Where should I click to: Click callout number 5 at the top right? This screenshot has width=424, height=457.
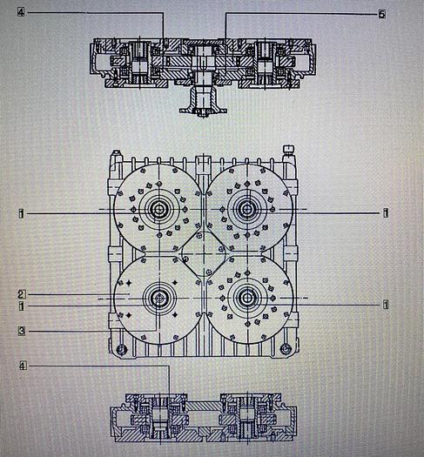(381, 14)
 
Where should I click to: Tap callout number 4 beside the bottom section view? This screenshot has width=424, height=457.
(21, 366)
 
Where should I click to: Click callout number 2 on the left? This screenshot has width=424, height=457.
(21, 293)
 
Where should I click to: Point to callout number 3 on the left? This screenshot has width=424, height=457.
(21, 329)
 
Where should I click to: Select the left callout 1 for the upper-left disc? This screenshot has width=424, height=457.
(21, 212)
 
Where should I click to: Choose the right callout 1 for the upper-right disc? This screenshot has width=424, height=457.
(384, 212)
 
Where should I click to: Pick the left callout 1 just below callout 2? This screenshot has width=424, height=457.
(21, 306)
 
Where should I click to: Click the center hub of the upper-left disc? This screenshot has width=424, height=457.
(160, 209)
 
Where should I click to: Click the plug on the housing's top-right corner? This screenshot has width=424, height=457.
(290, 156)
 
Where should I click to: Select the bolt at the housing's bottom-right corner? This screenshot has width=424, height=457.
(284, 350)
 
